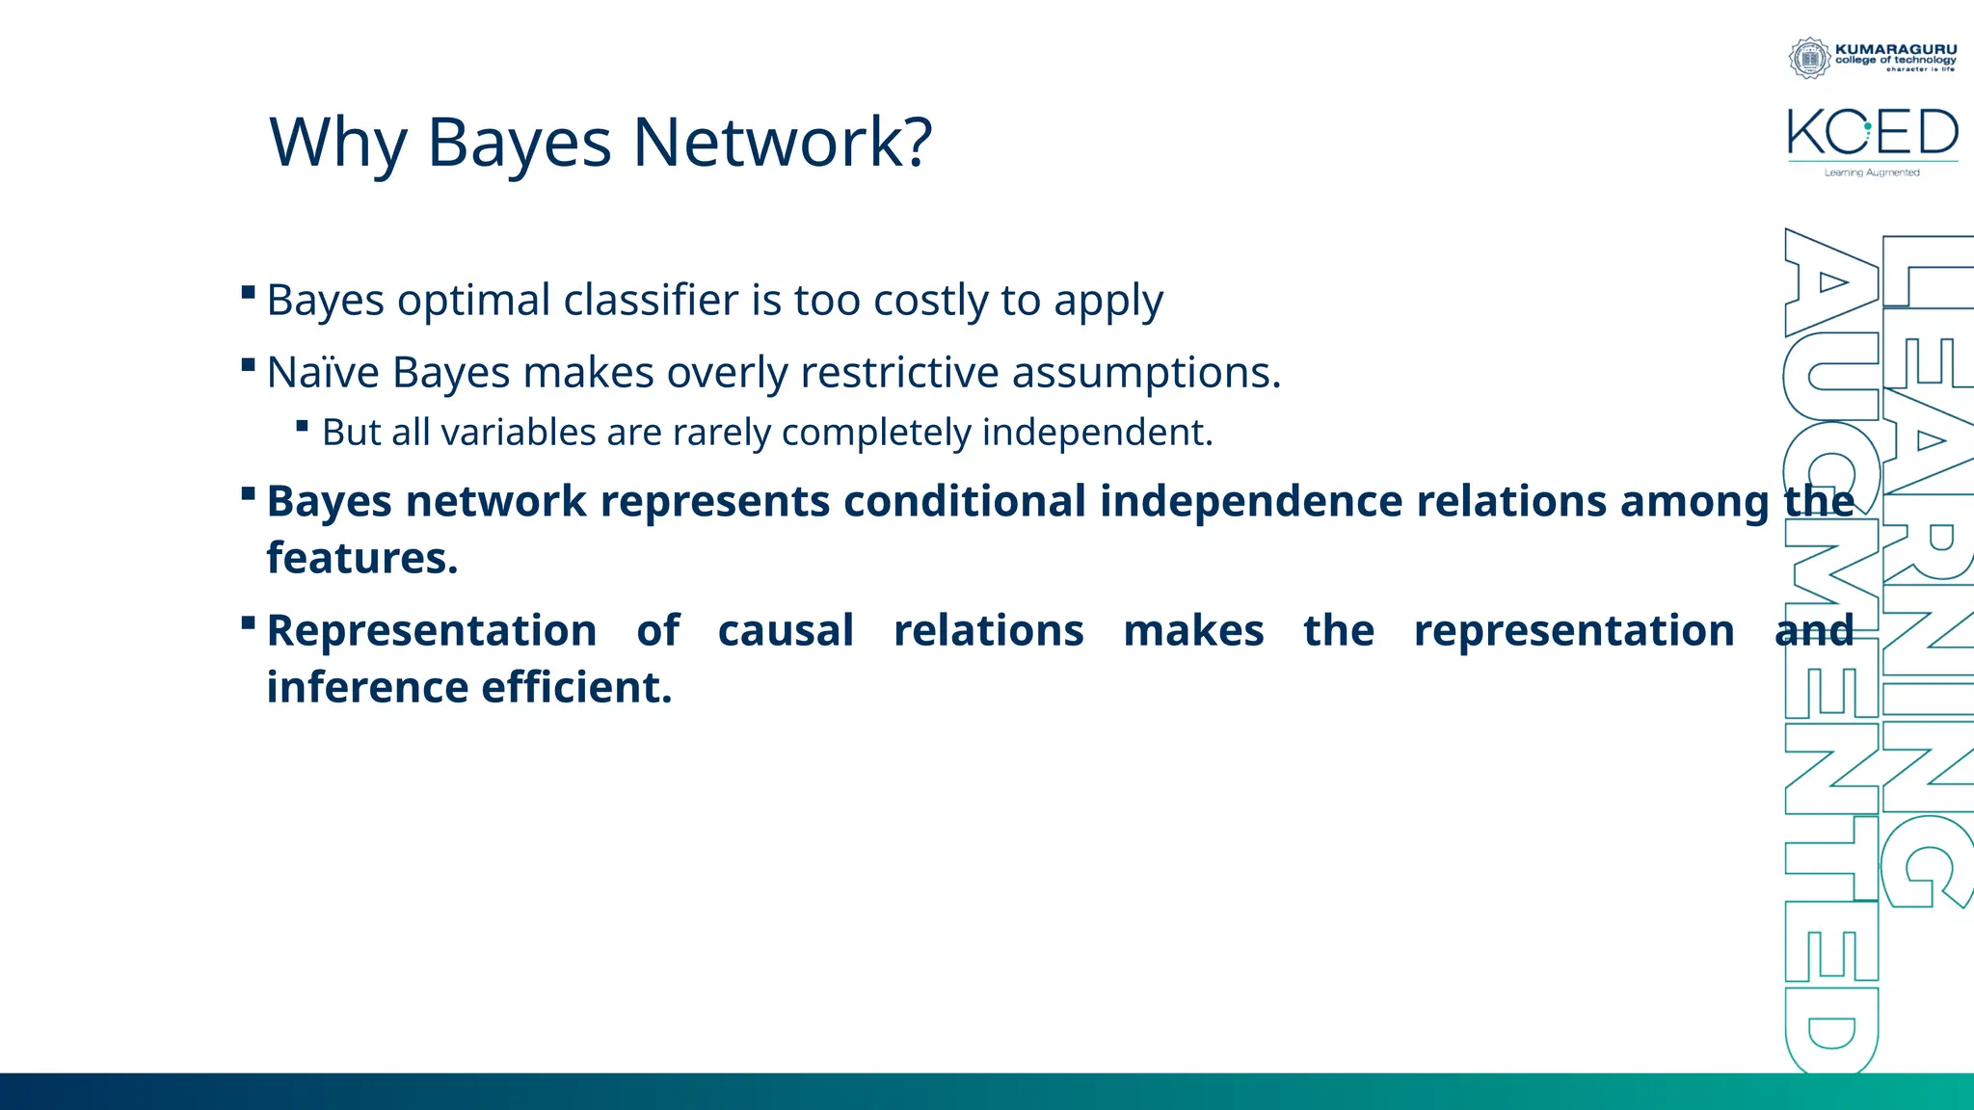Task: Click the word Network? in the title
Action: [782, 143]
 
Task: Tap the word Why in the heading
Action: [338, 143]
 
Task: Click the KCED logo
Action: [1872, 133]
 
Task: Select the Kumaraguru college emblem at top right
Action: [1809, 58]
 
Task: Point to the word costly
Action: [930, 301]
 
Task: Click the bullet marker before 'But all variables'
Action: [302, 425]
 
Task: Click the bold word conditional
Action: [965, 501]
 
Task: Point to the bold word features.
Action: [361, 558]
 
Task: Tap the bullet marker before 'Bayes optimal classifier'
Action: [248, 292]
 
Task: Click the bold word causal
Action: [786, 631]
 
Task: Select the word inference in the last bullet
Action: [366, 688]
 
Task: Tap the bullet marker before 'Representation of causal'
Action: [248, 622]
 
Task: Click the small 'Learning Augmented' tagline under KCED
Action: [1871, 172]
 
